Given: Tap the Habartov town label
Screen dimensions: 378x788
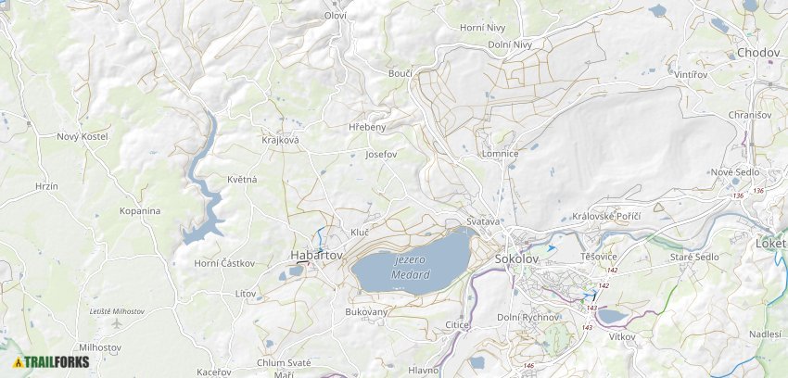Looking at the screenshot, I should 316,255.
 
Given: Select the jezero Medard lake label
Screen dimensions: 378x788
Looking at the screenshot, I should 411,268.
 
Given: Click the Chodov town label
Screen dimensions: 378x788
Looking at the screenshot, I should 757,53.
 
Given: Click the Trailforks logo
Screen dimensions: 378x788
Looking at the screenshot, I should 51,362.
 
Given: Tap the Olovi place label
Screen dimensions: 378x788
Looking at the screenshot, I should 335,16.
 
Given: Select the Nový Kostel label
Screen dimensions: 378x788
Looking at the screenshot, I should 83,136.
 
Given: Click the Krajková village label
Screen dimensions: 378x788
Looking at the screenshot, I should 280,139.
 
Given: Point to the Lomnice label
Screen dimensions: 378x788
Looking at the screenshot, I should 500,154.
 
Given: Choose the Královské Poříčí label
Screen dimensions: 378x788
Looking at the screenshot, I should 606,216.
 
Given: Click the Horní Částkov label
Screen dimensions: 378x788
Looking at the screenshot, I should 224,263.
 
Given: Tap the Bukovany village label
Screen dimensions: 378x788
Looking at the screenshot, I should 366,312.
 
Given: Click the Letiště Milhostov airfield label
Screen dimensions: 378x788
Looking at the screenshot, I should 117,312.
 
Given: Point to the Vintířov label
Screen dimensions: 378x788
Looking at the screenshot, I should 691,73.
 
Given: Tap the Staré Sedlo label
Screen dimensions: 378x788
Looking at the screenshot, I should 695,257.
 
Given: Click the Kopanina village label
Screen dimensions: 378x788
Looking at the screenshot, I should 140,211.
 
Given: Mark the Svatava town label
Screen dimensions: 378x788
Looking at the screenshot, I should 483,222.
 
